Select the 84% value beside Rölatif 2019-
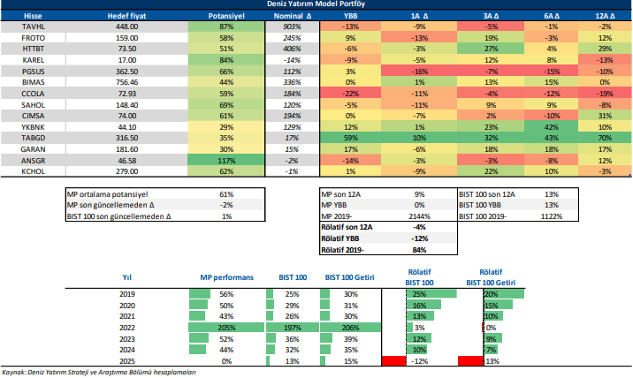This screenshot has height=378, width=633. point(421,250)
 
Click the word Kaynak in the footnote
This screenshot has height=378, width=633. point(15,373)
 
